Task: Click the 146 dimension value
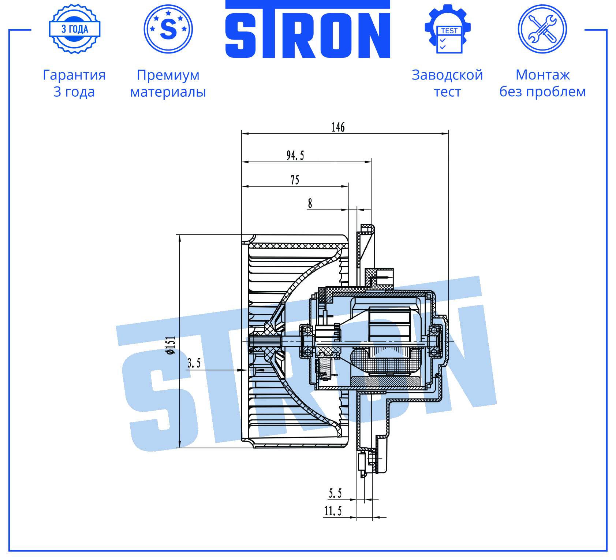pos(338,127)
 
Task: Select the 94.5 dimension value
pos(295,155)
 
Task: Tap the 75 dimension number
pos(295,180)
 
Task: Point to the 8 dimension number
pos(310,203)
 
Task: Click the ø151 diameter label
pos(171,345)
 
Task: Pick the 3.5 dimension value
pos(194,363)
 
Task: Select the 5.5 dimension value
pos(335,493)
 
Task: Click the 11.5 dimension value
pos(333,511)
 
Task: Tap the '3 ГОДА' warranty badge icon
pos(75,29)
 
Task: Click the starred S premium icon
pos(168,29)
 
